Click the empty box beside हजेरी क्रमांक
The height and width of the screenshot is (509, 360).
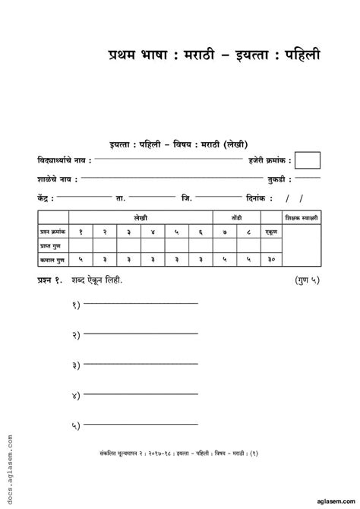tap(307, 160)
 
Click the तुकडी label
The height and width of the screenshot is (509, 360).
tap(276, 179)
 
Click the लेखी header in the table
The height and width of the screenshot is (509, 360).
tap(140, 217)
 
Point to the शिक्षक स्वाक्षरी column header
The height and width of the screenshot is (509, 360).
tap(302, 217)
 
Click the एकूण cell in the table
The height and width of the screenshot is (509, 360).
tap(270, 230)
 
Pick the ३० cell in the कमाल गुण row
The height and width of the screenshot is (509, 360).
tap(270, 260)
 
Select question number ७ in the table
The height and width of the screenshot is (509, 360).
tap(224, 230)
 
